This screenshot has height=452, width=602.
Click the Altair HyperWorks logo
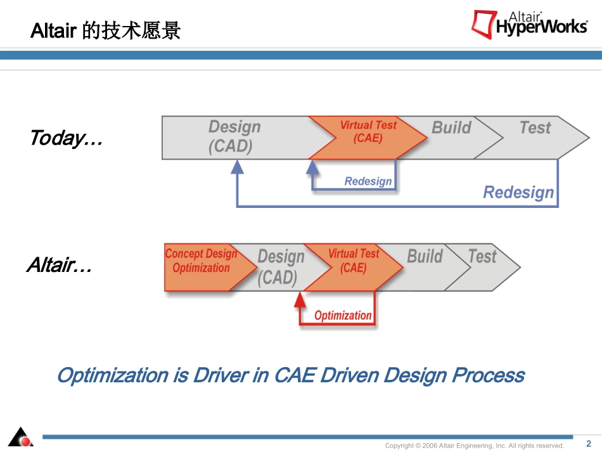click(x=530, y=25)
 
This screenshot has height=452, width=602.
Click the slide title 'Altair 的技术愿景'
click(x=106, y=30)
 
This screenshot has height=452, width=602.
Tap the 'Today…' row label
click(x=67, y=138)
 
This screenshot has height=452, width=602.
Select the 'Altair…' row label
click(x=60, y=265)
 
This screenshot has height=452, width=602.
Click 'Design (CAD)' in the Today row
click(x=234, y=137)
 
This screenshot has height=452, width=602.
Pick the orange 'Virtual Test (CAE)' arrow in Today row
click(x=368, y=138)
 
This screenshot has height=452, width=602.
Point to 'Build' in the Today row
click(x=451, y=127)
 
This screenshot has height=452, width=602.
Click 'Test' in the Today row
click(x=535, y=127)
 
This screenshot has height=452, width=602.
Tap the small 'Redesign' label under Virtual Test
click(x=368, y=181)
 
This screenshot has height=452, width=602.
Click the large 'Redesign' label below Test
click(x=518, y=192)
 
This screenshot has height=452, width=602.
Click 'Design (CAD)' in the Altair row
click(x=281, y=268)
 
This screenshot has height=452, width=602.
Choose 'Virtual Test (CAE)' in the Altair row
click(x=353, y=261)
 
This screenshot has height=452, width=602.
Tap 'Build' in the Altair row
click(x=425, y=256)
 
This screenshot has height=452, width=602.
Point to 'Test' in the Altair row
click(x=482, y=256)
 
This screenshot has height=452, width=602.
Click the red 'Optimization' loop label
click(x=343, y=316)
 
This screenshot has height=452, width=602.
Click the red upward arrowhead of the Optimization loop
click(x=300, y=300)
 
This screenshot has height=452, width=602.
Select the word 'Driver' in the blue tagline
click(x=221, y=375)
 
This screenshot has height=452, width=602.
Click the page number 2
click(x=589, y=444)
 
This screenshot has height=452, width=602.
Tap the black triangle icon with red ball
click(x=21, y=437)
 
